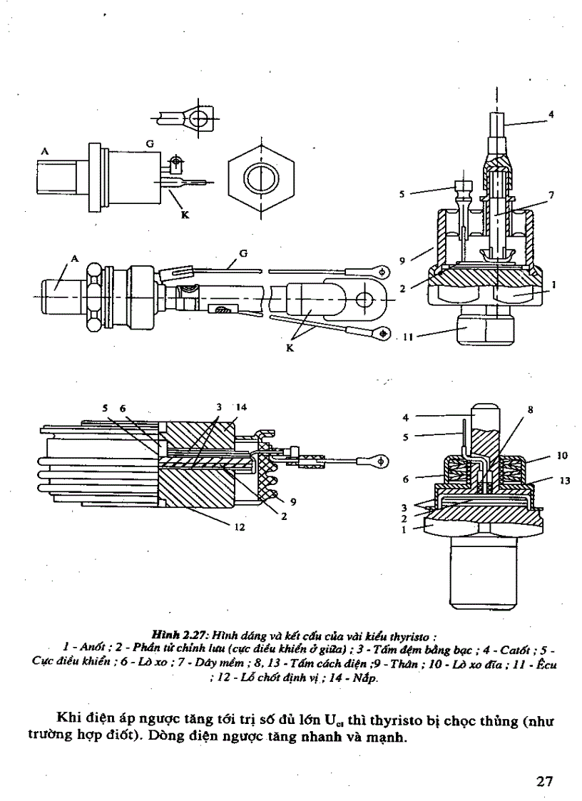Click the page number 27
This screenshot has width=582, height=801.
(545, 780)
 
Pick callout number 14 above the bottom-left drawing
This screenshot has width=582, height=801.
(240, 407)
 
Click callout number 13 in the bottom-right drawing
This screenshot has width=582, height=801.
(563, 481)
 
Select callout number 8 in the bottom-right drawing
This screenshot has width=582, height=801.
(530, 409)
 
